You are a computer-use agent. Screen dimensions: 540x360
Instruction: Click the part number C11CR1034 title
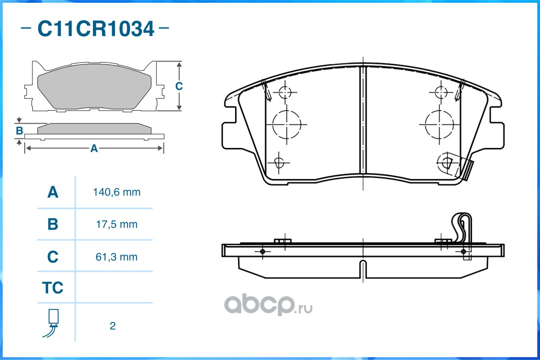(95, 29)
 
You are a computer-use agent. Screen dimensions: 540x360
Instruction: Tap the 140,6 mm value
(117, 193)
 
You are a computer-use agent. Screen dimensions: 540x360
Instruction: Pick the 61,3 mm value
(117, 257)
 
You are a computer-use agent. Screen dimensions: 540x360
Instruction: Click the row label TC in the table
(53, 288)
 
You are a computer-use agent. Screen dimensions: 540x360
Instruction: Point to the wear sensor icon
(53, 323)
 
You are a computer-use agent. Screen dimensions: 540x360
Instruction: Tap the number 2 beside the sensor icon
(113, 326)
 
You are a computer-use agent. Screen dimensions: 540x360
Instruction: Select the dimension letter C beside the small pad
(179, 86)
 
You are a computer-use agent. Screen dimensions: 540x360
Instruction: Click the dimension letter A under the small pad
(94, 148)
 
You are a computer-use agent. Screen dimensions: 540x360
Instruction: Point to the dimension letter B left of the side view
(19, 131)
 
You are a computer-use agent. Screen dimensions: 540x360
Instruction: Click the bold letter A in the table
(53, 193)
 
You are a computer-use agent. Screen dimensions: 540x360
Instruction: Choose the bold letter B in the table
(53, 224)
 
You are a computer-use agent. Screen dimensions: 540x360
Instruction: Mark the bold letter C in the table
(53, 257)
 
